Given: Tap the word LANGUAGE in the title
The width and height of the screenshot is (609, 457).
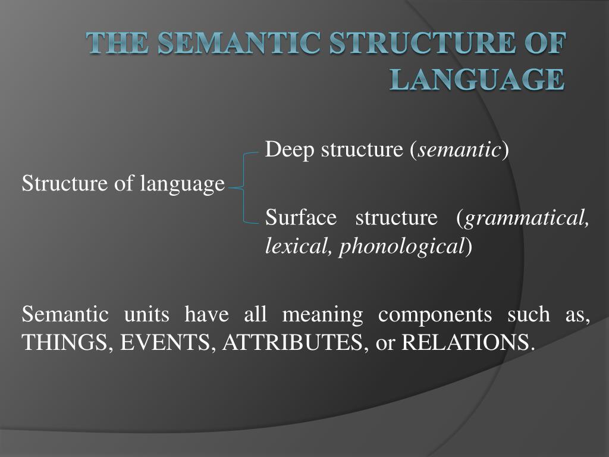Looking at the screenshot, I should point(476,79).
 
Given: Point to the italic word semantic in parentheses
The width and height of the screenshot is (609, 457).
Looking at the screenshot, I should point(459,151).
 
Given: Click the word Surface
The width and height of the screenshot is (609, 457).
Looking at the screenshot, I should point(301,218).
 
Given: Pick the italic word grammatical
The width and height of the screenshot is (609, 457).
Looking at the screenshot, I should point(527,218).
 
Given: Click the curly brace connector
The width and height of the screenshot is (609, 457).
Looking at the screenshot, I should point(243,187).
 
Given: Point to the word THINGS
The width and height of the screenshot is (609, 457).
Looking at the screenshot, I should point(65,343).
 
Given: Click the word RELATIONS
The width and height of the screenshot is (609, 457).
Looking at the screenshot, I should point(465,343).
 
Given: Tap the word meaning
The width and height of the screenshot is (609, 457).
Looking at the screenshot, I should point(322,314).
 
